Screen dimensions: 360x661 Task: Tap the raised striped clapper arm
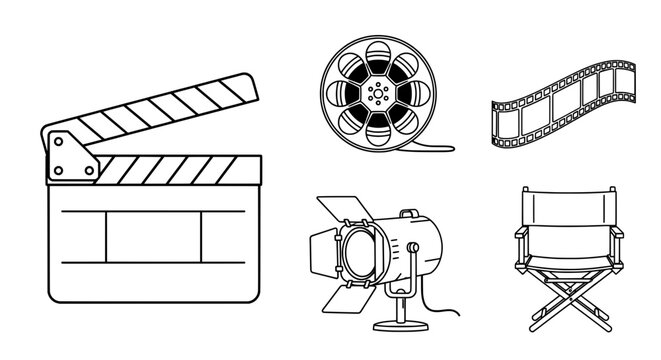[160, 113]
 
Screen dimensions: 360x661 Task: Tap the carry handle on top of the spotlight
[411, 217]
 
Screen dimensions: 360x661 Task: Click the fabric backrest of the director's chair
[567, 209]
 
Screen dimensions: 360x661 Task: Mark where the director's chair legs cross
[567, 301]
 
